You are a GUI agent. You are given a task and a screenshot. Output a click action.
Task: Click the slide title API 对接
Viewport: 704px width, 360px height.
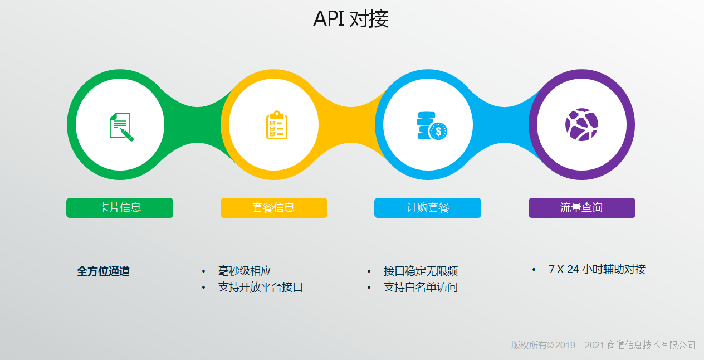(x=351, y=18)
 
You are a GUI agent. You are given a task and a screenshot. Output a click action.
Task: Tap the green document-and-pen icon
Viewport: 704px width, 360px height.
(x=121, y=127)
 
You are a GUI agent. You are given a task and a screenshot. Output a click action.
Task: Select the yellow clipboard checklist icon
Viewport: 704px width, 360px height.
(x=277, y=125)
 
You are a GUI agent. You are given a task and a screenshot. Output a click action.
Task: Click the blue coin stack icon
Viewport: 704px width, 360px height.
(x=432, y=126)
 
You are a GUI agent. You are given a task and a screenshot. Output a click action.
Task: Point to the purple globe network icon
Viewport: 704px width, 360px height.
(x=581, y=124)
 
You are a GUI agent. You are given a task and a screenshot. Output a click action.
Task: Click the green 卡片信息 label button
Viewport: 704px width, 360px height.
(x=120, y=207)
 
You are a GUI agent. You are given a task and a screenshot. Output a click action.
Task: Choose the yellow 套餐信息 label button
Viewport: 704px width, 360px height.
(x=273, y=207)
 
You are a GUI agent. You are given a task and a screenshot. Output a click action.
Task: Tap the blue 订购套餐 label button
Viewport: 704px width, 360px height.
(x=427, y=207)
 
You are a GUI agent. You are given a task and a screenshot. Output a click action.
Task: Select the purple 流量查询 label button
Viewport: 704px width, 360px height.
(x=581, y=207)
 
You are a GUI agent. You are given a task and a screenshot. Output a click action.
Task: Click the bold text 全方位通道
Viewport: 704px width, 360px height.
(x=104, y=271)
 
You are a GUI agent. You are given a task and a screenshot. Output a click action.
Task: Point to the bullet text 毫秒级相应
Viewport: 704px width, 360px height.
(x=245, y=271)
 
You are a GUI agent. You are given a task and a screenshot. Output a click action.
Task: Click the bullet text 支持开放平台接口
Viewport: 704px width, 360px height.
(x=260, y=287)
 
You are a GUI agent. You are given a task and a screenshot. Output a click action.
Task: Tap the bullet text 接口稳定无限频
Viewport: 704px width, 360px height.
(x=421, y=271)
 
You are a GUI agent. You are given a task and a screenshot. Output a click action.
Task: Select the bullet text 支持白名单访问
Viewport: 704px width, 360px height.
(x=421, y=287)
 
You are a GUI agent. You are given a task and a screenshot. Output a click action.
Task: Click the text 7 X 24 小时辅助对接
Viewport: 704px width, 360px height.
(x=597, y=270)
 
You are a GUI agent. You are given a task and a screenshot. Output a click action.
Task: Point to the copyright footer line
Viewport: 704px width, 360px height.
(x=603, y=345)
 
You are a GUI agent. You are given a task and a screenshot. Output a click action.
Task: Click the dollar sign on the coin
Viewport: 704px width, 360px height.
(x=438, y=131)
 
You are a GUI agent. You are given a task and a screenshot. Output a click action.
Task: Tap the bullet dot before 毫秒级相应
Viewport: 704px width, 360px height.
(x=204, y=271)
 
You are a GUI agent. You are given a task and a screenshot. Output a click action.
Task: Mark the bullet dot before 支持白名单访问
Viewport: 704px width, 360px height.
(x=369, y=288)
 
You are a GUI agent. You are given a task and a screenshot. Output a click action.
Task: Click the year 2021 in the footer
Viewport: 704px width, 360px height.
(x=594, y=345)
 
